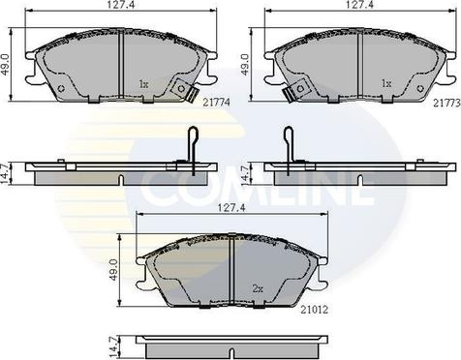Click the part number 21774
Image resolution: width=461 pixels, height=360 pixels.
[x=216, y=103]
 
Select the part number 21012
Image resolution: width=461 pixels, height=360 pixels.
[x=314, y=310]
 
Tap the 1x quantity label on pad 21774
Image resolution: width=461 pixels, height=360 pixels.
[x=143, y=84]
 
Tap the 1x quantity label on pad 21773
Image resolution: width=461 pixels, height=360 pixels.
[x=386, y=84]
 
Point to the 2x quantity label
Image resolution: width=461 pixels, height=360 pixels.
[x=258, y=289]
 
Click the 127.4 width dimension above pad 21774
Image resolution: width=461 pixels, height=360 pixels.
[x=119, y=5]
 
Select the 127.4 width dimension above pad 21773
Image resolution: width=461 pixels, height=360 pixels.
[x=359, y=5]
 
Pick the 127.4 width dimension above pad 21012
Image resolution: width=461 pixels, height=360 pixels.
[x=232, y=208]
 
